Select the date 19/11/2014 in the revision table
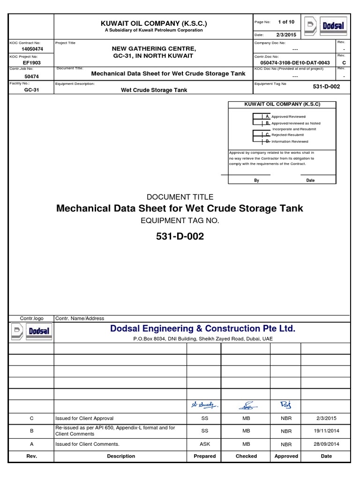point(326,431)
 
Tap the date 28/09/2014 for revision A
point(326,444)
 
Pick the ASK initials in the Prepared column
point(204,444)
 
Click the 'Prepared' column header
point(204,456)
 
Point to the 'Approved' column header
point(286,456)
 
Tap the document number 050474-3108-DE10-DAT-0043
point(295,62)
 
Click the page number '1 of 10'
point(286,22)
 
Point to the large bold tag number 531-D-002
point(180,237)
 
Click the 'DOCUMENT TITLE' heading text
point(180,197)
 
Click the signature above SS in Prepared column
point(204,404)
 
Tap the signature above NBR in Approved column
point(286,404)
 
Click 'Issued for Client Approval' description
point(84,418)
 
